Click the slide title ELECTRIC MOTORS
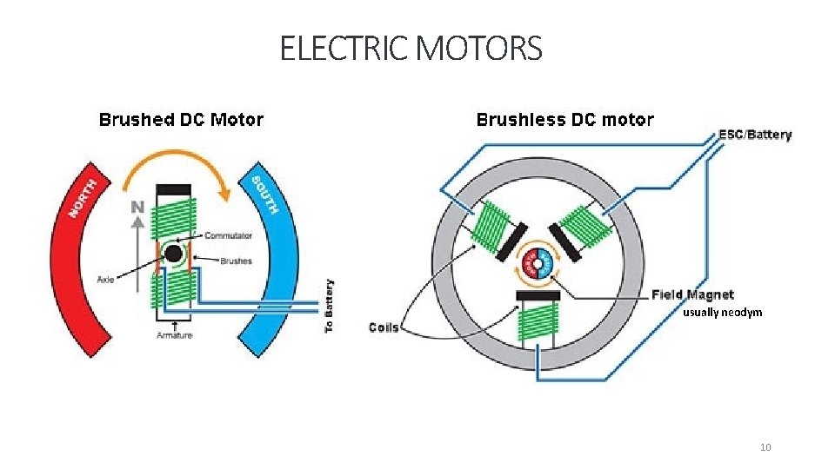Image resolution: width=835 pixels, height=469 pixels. point(411,49)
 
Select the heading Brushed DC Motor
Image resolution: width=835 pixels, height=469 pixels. point(181,120)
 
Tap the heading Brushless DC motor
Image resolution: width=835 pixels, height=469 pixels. point(564,120)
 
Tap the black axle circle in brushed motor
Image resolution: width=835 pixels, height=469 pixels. point(174,254)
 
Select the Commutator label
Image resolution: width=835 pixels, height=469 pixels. point(228,235)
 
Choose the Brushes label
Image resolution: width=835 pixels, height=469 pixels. point(236,261)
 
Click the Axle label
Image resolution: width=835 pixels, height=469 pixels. point(106,280)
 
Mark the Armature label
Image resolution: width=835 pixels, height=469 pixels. point(175,335)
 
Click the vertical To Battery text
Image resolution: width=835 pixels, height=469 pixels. point(329,306)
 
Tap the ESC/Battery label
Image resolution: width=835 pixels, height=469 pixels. point(755,135)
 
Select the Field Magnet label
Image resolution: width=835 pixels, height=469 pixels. point(692,295)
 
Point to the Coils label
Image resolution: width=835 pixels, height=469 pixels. point(384,327)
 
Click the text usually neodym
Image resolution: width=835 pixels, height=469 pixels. point(722,312)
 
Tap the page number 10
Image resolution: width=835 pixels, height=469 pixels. point(765,447)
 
